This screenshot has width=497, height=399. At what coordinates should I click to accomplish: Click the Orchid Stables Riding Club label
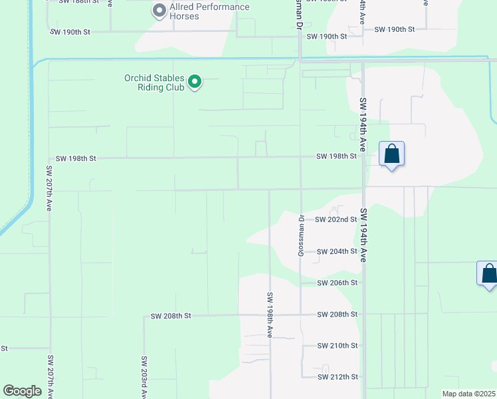point(155,82)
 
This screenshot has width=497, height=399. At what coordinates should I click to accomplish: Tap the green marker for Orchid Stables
point(195,82)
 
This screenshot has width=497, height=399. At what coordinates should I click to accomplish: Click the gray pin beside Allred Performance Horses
point(159,11)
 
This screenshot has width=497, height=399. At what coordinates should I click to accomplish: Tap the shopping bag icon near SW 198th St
point(392,154)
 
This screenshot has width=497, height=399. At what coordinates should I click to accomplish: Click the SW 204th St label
point(337,251)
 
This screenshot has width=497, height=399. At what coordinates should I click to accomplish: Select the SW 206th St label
point(338,283)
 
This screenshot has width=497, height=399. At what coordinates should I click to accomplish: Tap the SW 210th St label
point(338,346)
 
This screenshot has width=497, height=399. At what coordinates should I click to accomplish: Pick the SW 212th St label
point(338,377)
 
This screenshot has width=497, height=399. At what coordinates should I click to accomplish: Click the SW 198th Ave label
point(270,315)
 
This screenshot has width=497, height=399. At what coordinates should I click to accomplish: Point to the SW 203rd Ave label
point(144,377)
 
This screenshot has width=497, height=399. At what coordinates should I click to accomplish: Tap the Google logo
point(22,391)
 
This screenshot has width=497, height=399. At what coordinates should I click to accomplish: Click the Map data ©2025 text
point(468,394)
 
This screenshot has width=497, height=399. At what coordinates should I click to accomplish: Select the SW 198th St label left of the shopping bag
point(336,156)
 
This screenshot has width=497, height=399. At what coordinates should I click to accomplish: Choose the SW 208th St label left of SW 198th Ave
point(171,316)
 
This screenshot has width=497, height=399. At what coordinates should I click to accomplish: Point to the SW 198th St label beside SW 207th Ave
point(76,158)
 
